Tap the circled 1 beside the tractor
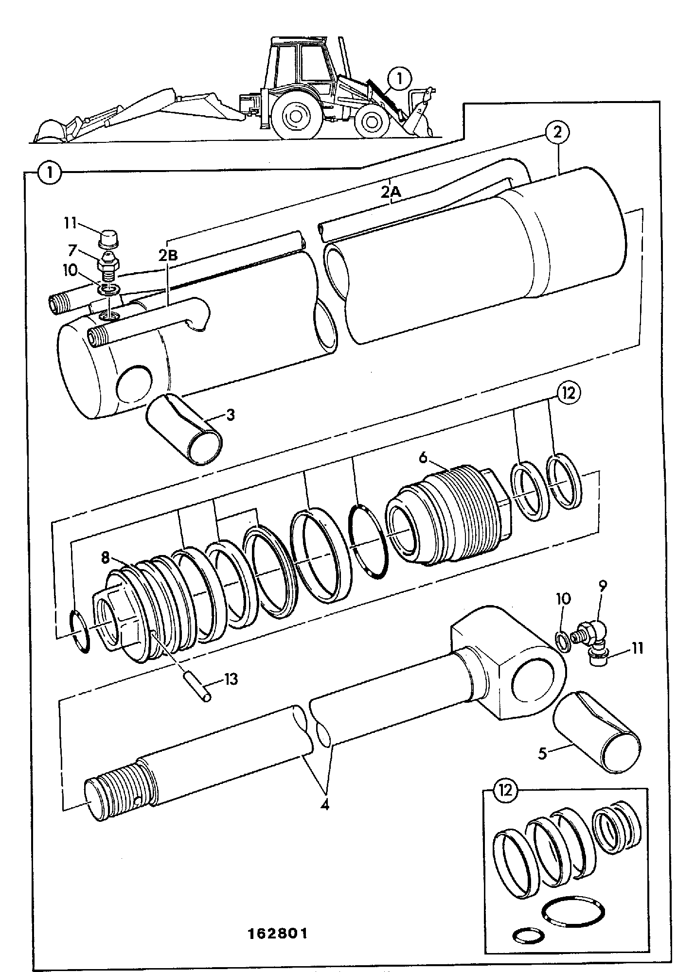pyautogui.click(x=399, y=80)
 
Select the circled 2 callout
pyautogui.click(x=557, y=132)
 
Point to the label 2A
pyautogui.click(x=391, y=192)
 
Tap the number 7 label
pyautogui.click(x=72, y=251)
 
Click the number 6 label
pyautogui.click(x=423, y=457)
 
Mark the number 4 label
pyautogui.click(x=324, y=805)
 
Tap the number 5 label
pyautogui.click(x=543, y=754)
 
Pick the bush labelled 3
pyautogui.click(x=185, y=430)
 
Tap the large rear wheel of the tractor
pyautogui.click(x=295, y=115)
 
